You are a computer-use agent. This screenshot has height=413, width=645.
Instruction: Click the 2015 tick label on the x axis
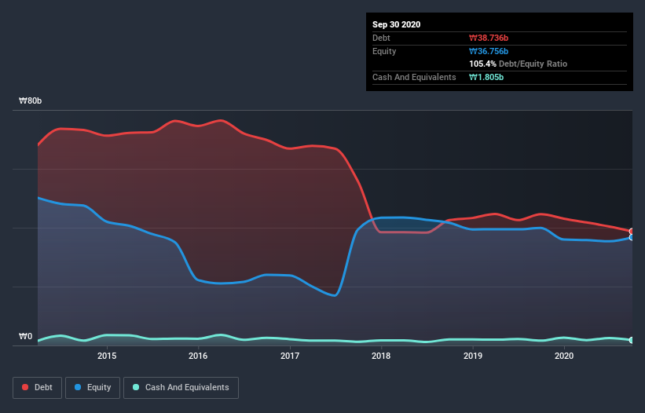107,356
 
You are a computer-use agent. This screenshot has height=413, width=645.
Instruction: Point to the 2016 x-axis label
198,356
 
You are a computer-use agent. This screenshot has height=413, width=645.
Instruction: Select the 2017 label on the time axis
290,356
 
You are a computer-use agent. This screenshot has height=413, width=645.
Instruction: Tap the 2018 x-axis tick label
381,356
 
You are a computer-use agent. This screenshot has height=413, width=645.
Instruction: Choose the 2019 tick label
473,356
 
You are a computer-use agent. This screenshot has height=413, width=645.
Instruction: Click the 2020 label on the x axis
564,356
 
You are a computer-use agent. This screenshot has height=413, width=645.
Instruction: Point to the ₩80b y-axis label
31,101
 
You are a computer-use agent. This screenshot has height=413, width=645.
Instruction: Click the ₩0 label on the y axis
26,337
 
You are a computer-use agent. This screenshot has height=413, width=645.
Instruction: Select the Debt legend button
36,387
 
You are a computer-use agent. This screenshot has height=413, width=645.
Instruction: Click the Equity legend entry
93,387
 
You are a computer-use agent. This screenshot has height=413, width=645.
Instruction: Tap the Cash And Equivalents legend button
181,387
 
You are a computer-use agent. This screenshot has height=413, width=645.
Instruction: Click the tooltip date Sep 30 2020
396,24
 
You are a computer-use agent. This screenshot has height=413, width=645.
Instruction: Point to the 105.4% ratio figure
482,64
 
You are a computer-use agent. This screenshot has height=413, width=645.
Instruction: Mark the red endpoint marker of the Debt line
632,232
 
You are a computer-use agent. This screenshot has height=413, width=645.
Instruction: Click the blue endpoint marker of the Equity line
632,237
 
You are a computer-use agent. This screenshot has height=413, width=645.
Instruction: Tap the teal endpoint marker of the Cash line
632,340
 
